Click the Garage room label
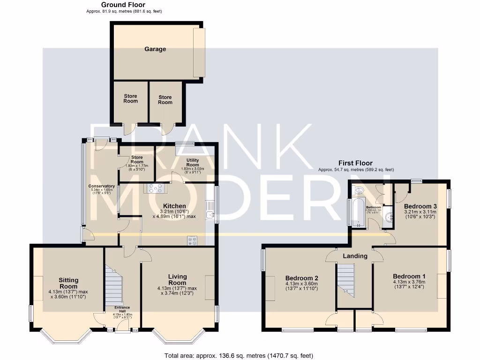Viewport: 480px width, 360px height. pos(155,49)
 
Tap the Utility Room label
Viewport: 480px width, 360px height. pos(193,163)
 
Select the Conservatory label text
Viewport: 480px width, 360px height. pos(102,186)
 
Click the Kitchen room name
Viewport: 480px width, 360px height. pos(174,206)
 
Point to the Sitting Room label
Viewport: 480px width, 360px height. pos(68,283)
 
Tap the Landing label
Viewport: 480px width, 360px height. pos(355,256)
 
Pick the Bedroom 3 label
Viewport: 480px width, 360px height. pos(420,206)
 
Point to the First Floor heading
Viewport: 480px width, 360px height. pos(355,163)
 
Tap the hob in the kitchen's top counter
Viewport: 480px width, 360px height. pos(156,188)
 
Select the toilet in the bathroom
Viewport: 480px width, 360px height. pos(359,190)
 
